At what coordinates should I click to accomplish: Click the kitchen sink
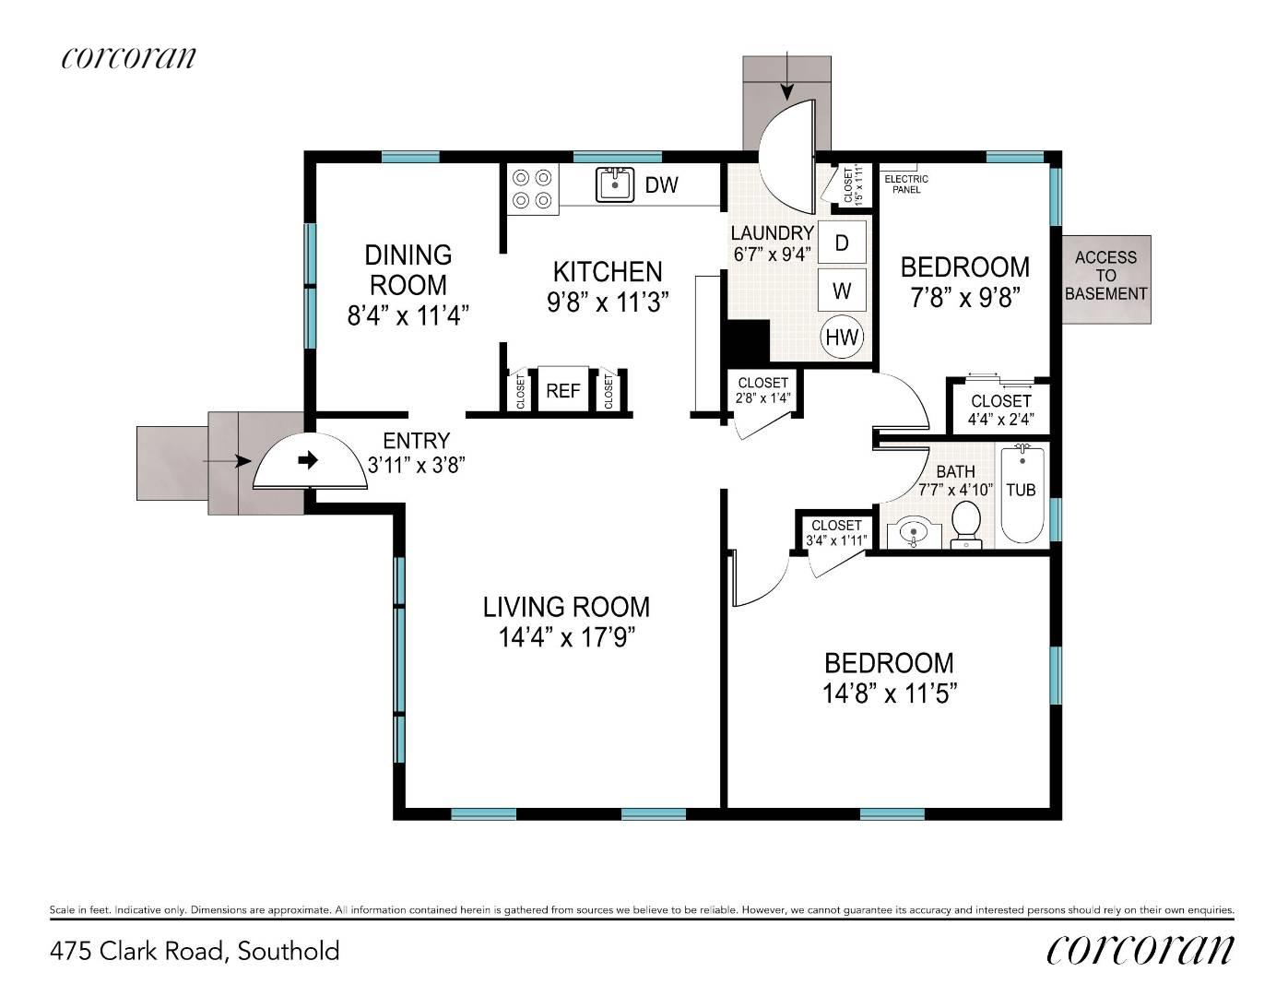(x=615, y=184)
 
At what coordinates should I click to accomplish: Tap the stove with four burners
(x=532, y=189)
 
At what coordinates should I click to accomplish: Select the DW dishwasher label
(x=661, y=185)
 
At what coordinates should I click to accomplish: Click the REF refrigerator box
(x=563, y=389)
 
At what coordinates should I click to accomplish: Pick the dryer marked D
(x=842, y=243)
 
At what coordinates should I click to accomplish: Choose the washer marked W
(x=842, y=290)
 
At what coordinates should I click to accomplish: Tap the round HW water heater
(x=842, y=337)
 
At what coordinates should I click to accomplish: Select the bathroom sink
(x=914, y=534)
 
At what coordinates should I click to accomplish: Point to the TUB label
(x=1021, y=490)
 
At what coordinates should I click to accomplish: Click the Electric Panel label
(x=906, y=184)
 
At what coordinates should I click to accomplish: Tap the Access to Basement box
(x=1106, y=279)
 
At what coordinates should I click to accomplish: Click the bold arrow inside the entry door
(x=308, y=459)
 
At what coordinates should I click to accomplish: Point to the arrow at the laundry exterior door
(x=786, y=76)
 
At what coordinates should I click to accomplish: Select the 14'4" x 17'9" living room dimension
(x=567, y=638)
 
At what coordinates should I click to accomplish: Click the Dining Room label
(x=408, y=269)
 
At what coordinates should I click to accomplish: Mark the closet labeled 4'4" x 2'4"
(x=1001, y=409)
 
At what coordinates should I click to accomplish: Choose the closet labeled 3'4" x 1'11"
(x=836, y=532)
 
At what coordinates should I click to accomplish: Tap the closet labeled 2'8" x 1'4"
(x=762, y=390)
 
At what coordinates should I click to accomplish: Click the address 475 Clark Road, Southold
(x=195, y=951)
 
